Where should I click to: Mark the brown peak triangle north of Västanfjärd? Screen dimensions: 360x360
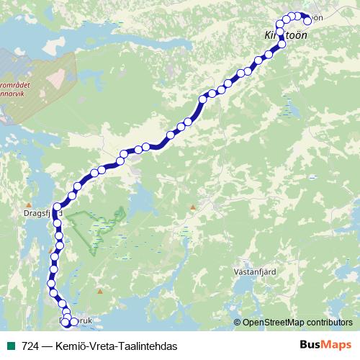click(193, 207)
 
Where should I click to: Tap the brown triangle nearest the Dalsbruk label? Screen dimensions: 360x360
click(100, 292)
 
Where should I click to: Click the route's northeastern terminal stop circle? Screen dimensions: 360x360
click(306, 19)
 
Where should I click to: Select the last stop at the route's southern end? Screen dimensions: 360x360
click(73, 321)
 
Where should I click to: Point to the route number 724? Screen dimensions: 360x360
click(30, 346)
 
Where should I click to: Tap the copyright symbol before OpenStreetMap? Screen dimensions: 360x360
click(238, 323)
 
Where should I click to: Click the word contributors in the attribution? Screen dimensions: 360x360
click(331, 323)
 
